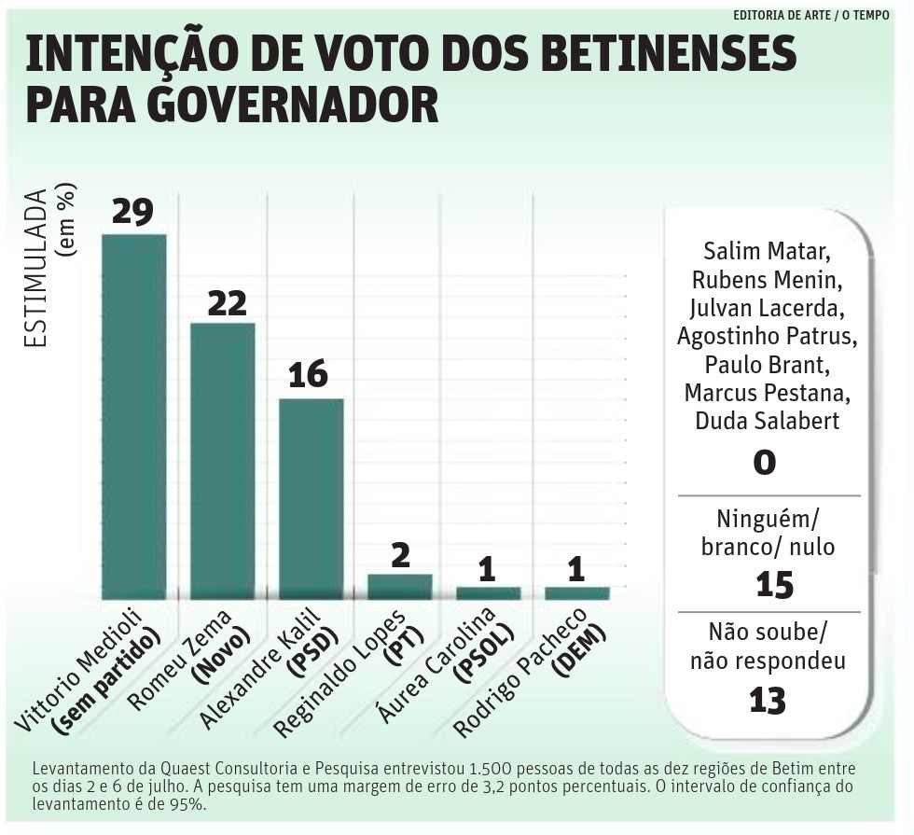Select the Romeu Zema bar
pyautogui.click(x=222, y=460)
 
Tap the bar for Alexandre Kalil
pyautogui.click(x=311, y=498)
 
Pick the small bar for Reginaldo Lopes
pyautogui.click(x=399, y=586)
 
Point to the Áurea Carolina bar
pyautogui.click(x=488, y=592)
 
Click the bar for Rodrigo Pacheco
pyautogui.click(x=576, y=592)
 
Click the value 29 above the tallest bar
pyautogui.click(x=132, y=211)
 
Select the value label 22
pyautogui.click(x=226, y=301)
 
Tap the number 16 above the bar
pyautogui.click(x=309, y=375)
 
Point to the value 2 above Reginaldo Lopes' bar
pyautogui.click(x=400, y=556)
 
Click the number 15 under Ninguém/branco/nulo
pyautogui.click(x=774, y=585)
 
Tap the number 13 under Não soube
pyautogui.click(x=768, y=700)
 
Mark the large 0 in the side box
pyautogui.click(x=764, y=462)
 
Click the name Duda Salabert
pyautogui.click(x=767, y=421)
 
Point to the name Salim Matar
pyautogui.click(x=767, y=251)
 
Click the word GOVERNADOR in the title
pyautogui.click(x=232, y=106)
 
